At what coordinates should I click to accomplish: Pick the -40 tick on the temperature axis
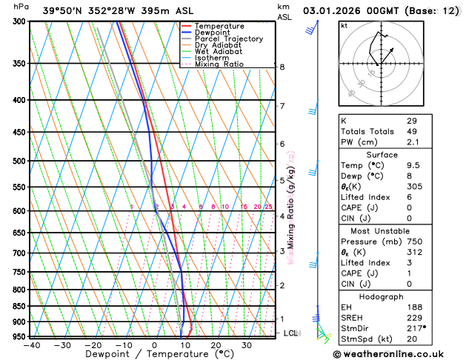(x=31, y=345)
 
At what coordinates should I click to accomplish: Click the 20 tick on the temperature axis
(x=216, y=345)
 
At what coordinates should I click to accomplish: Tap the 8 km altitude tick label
(x=282, y=67)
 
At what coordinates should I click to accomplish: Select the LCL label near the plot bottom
(x=290, y=333)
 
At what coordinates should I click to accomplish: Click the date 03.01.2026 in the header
(x=332, y=11)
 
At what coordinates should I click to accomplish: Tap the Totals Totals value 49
(x=412, y=131)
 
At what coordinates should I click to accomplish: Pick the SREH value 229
(x=414, y=319)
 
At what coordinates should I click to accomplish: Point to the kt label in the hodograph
(x=344, y=26)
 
